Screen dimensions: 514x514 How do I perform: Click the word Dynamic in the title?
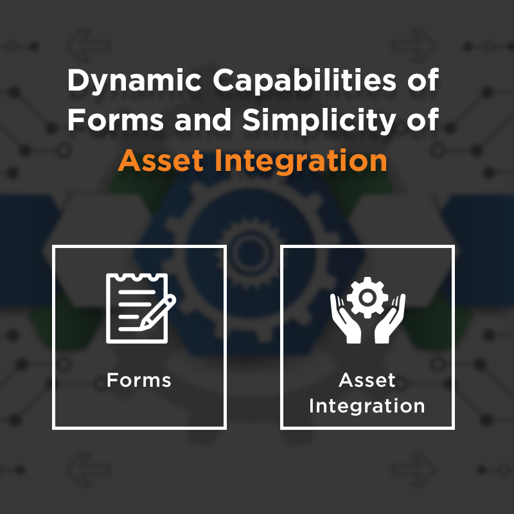(134, 82)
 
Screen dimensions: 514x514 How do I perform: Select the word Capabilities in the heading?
(305, 82)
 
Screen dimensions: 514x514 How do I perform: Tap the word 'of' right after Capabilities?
(423, 80)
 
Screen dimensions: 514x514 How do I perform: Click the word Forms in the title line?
(116, 120)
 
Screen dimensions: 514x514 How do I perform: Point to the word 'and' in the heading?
(203, 120)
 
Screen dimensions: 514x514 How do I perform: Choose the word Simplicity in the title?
(319, 121)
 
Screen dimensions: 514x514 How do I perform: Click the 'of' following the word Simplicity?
(423, 120)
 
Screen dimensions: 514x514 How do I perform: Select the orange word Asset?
(161, 161)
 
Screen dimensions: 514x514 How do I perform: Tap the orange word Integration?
(301, 161)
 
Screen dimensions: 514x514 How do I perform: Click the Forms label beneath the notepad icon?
(139, 380)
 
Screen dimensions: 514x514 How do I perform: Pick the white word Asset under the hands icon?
(367, 380)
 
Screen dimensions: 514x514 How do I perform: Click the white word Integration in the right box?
(367, 406)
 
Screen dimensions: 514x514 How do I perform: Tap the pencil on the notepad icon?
(158, 312)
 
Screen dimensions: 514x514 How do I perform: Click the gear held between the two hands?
(367, 297)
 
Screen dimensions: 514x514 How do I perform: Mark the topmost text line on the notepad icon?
(137, 292)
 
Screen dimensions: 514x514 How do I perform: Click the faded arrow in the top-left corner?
(89, 46)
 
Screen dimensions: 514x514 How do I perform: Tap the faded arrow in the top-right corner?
(413, 46)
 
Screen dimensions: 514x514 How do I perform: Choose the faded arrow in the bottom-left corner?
(89, 470)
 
